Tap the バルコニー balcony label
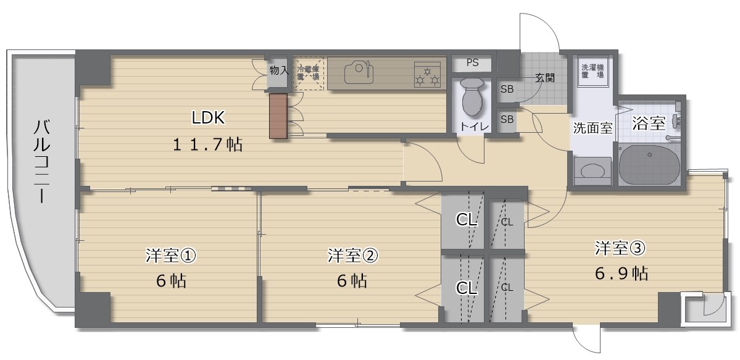(x=42, y=162)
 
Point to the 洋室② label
(x=352, y=254)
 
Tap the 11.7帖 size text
(x=207, y=146)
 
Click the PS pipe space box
(x=472, y=62)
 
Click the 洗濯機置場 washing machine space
(x=592, y=70)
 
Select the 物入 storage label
(x=279, y=70)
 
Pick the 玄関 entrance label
(x=544, y=78)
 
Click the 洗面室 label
(x=592, y=128)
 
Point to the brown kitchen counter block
(x=278, y=115)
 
